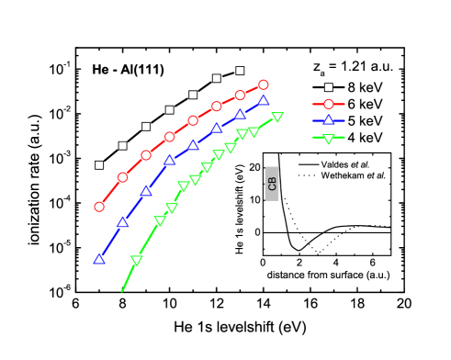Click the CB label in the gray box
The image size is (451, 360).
272,184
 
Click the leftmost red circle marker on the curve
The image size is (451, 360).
99,207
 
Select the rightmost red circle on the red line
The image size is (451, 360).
264,84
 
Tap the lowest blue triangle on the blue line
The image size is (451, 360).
99,259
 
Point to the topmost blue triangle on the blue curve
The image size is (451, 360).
264,100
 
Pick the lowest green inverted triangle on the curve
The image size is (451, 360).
137,260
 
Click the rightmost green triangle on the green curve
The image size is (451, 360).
277,117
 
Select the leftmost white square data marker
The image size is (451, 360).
99,165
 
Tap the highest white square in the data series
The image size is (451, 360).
240,71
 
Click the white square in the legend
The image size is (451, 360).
329,87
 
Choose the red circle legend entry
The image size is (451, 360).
329,104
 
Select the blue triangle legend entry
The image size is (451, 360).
329,120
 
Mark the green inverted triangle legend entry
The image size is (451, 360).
329,138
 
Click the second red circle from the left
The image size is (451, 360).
122,177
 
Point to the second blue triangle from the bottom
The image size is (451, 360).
122,221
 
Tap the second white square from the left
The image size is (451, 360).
122,145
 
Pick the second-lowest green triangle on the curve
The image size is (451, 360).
160,220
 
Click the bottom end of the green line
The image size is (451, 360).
122,291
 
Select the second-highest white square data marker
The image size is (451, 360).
217,78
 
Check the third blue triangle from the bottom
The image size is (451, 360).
146,190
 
